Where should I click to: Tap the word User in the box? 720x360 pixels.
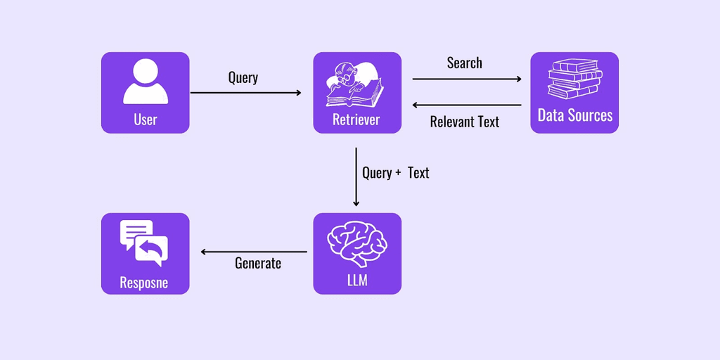(145, 119)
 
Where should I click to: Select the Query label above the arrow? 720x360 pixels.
(243, 77)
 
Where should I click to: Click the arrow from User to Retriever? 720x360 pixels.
(245, 93)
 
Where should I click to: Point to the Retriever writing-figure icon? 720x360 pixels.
(356, 83)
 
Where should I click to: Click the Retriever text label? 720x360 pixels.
(356, 119)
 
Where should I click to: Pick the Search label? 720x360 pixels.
(464, 63)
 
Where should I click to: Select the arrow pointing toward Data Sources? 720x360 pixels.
(467, 79)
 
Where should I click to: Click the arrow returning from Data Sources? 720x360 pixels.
(467, 105)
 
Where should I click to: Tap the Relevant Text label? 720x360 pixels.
(464, 122)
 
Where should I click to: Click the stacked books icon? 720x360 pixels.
(574, 79)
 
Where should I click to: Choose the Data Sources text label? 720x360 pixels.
(574, 115)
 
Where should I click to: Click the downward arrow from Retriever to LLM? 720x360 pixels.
(356, 176)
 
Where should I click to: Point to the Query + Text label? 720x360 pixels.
(395, 173)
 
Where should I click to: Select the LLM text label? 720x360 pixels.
(356, 281)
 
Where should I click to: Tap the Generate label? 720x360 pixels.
(257, 263)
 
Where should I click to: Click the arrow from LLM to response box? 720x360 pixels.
(254, 252)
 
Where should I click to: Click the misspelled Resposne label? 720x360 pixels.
(144, 283)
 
